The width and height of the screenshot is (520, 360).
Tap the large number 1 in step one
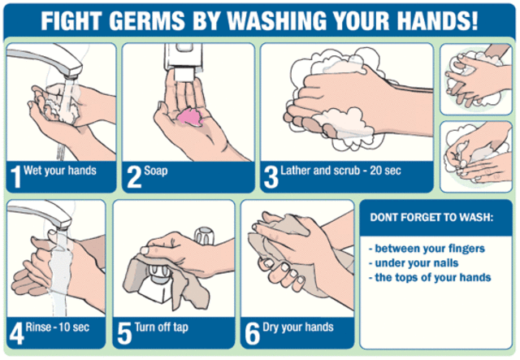[16, 176]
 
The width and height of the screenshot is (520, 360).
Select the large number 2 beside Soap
[132, 176]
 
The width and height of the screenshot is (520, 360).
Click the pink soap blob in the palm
[193, 115]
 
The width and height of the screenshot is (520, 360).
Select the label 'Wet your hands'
[61, 171]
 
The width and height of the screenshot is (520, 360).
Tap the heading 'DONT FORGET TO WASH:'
[431, 218]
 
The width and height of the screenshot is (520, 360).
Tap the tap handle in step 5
[203, 238]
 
